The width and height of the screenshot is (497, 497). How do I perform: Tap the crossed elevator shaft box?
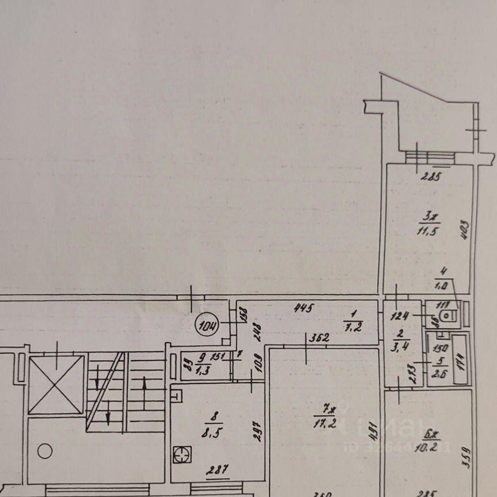pos(56,384)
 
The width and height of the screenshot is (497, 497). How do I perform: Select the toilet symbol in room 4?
pos(450,315)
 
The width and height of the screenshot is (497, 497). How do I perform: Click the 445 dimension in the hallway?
pos(303,308)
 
